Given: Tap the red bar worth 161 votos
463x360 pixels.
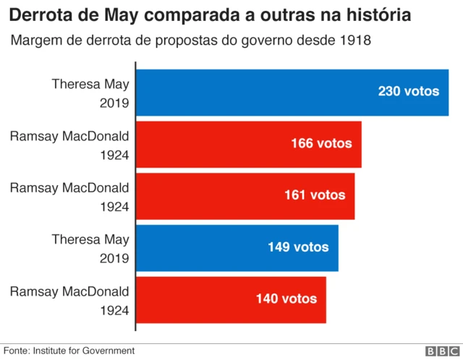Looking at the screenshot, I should point(245,195).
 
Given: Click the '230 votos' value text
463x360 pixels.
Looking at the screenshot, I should point(409,92).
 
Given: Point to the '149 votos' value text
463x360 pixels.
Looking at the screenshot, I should point(298,247).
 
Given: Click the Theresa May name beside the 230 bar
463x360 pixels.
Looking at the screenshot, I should point(90,84).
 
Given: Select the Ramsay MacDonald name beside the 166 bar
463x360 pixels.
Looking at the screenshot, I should point(69,136).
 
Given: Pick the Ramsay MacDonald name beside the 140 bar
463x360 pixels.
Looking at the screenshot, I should point(69,291).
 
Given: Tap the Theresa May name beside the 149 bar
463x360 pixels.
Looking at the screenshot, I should point(90,239).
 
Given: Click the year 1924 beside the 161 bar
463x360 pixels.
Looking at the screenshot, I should point(114,206).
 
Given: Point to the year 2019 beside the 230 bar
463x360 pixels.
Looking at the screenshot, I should point(114,103).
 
